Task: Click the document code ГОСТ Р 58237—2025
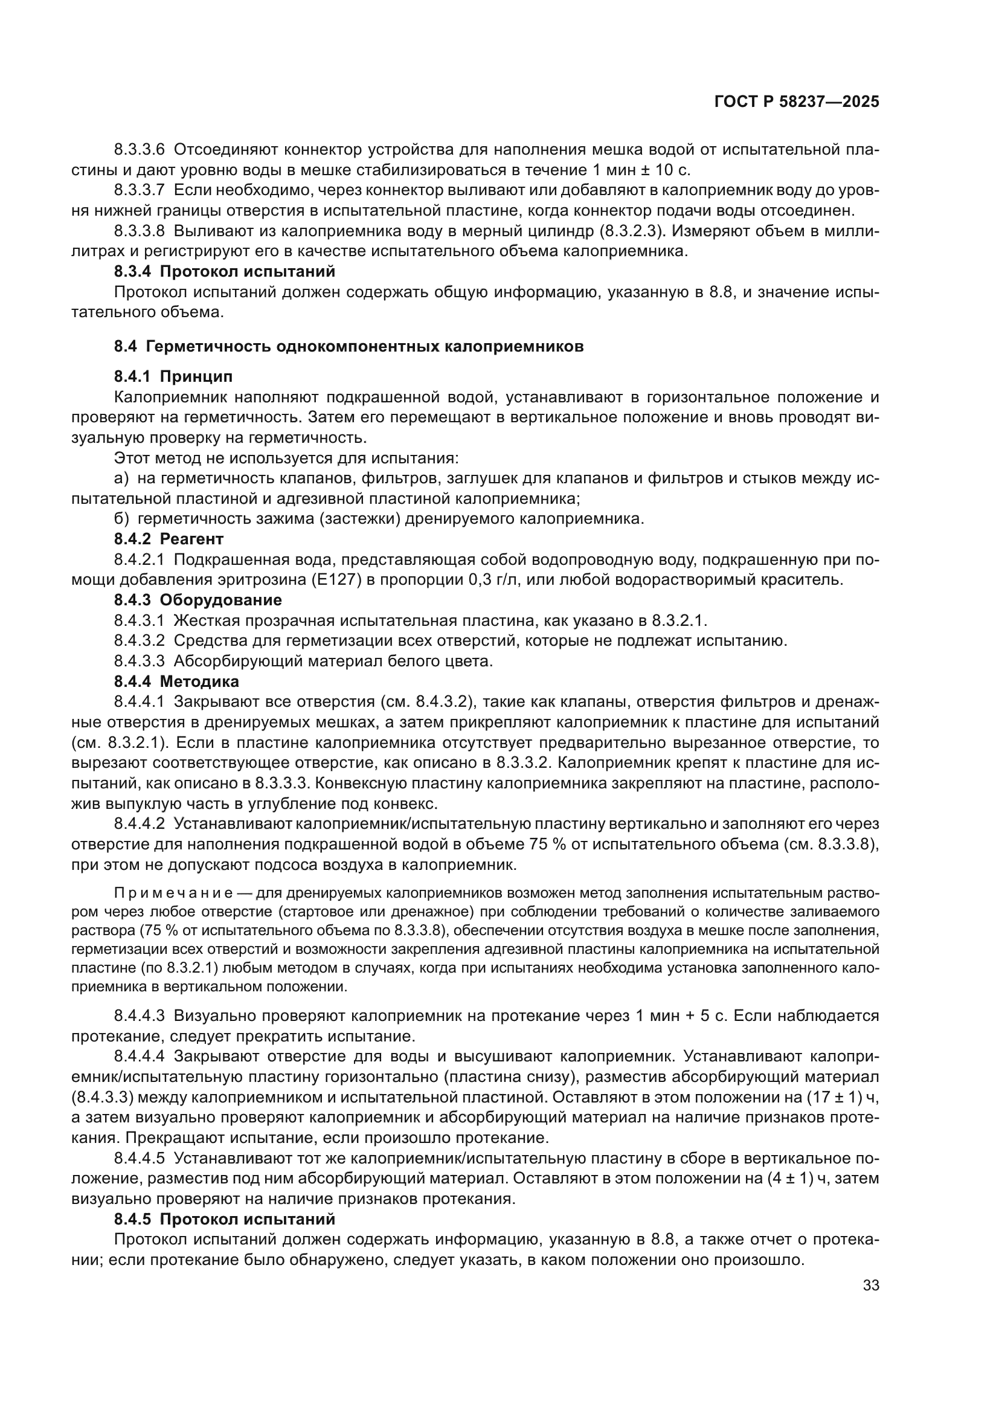coord(797,102)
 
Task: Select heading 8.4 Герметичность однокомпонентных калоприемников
coord(349,347)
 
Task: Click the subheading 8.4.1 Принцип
coord(173,376)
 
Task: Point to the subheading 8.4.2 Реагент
coord(169,539)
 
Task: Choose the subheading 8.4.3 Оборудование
coord(198,599)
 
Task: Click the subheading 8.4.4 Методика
coord(176,681)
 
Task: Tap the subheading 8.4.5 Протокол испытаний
coord(225,1219)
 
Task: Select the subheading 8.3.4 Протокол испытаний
coord(225,271)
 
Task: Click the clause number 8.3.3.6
coord(139,150)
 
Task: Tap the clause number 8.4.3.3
coord(139,661)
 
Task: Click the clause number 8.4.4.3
coord(139,1015)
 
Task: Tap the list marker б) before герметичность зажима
coord(121,519)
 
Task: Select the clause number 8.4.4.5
coord(139,1158)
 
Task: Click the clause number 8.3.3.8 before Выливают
coord(139,231)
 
